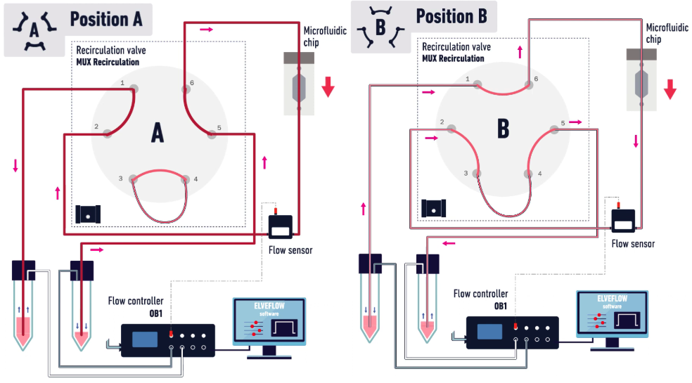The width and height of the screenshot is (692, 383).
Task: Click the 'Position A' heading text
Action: (106, 20)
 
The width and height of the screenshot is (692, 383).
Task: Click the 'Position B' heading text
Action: (451, 16)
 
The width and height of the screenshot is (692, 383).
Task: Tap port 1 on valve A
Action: (134, 89)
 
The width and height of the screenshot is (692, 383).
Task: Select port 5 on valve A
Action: (212, 134)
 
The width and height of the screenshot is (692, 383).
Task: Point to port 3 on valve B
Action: (477, 174)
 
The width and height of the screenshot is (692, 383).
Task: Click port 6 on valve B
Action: (529, 85)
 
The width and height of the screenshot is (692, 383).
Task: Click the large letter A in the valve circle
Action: (158, 132)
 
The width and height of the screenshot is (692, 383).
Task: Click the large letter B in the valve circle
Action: (503, 129)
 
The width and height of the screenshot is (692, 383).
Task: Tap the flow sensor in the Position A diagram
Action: (281, 226)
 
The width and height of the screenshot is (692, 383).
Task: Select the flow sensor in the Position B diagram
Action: (623, 220)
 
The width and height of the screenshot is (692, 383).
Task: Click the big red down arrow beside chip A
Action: (328, 87)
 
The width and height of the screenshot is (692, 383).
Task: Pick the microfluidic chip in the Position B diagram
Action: (641, 80)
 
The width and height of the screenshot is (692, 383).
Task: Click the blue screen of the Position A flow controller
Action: (145, 339)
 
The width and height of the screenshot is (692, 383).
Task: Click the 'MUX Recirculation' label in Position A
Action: (108, 63)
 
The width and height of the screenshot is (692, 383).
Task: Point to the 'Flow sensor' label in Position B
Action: (633, 244)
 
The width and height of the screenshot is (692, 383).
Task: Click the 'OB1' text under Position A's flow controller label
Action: (155, 313)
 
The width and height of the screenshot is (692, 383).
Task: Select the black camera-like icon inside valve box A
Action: (88, 214)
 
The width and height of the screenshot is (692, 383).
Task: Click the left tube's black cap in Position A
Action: (23, 271)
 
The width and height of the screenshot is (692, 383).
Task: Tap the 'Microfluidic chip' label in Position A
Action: (325, 36)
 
